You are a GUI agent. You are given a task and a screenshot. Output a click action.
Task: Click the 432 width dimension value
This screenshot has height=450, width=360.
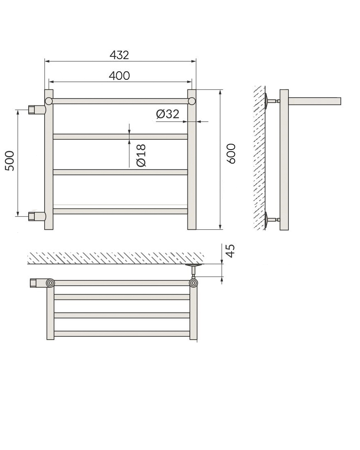[x=119, y=55]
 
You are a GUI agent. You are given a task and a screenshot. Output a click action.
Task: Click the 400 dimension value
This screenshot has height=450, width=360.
[x=119, y=76]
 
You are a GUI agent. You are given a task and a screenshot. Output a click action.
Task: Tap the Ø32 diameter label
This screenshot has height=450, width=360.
[x=167, y=114]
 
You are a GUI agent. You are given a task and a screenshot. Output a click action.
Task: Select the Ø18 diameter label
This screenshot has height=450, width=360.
[x=141, y=155]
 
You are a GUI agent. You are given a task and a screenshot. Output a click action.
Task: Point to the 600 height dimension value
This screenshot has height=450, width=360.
[x=231, y=154]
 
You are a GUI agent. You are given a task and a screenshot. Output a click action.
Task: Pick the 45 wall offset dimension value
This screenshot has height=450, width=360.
[x=230, y=251]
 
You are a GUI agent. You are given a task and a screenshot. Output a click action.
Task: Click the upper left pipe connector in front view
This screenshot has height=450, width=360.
[x=37, y=110]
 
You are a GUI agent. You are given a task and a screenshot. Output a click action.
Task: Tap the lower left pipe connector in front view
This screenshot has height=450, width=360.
[x=37, y=216]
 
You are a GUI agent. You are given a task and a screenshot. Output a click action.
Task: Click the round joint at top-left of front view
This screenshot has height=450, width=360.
[x=49, y=101]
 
